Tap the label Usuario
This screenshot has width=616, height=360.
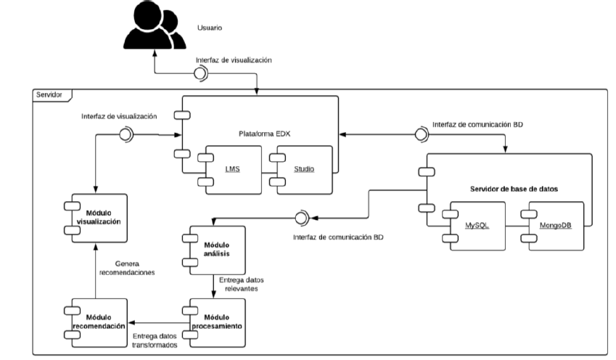point(210,30)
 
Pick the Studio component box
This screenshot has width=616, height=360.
point(303,168)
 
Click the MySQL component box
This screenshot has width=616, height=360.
point(475,225)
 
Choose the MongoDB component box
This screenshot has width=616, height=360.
point(555,225)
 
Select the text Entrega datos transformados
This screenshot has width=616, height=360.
point(157,340)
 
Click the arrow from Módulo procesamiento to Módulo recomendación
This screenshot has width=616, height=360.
point(156,321)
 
